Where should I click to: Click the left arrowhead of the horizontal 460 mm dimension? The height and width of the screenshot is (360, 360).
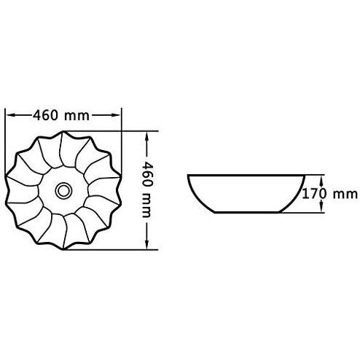click(x=9, y=114)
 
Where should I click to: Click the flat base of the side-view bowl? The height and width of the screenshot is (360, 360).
click(x=246, y=212)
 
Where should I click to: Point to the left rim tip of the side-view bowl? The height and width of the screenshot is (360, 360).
click(x=189, y=176)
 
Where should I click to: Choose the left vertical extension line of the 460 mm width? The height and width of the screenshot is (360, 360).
click(x=6, y=135)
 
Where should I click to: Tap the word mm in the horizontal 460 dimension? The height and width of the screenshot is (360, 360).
click(x=82, y=114)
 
